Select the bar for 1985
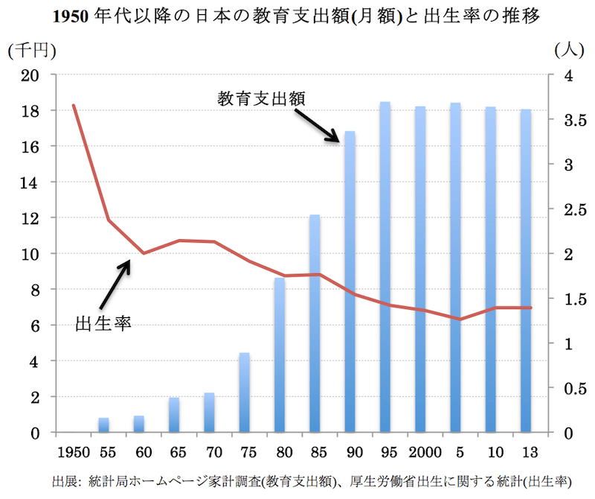click(x=315, y=323)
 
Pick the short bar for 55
click(x=103, y=425)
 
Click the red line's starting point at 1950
click(x=73, y=105)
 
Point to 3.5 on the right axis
click(x=573, y=120)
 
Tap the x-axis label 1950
click(x=73, y=451)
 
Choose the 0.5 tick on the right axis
click(x=573, y=388)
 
